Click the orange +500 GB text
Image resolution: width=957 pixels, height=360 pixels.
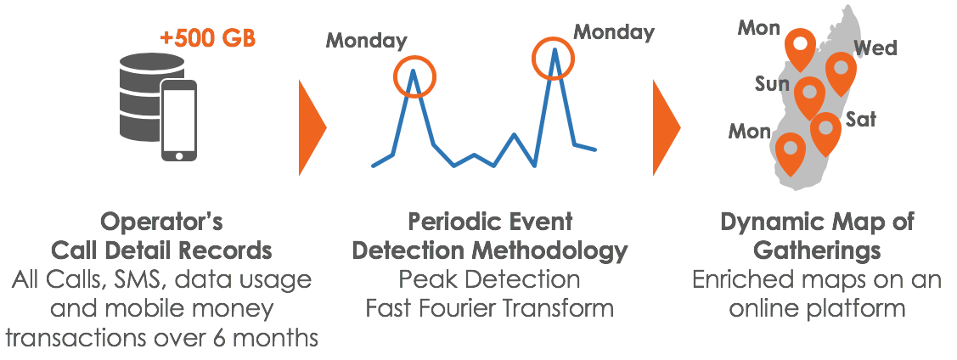[207, 38]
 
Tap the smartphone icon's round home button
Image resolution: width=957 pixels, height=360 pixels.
[179, 155]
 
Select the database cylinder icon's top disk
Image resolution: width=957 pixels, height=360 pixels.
[152, 64]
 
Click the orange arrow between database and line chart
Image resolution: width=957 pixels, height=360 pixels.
[312, 127]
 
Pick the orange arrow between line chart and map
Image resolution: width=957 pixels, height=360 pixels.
[667, 127]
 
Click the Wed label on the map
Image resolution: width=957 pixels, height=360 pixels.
[875, 48]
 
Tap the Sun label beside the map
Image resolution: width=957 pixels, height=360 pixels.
[772, 83]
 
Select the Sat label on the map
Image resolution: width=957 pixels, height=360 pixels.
[860, 119]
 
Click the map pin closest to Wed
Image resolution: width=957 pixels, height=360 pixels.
[841, 73]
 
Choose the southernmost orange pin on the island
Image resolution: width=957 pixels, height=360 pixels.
[790, 154]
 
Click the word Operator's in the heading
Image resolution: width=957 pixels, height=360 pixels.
[161, 222]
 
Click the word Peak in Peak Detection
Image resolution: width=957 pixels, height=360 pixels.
[425, 279]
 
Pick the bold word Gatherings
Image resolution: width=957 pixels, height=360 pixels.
[817, 250]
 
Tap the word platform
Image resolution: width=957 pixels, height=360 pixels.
[860, 308]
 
